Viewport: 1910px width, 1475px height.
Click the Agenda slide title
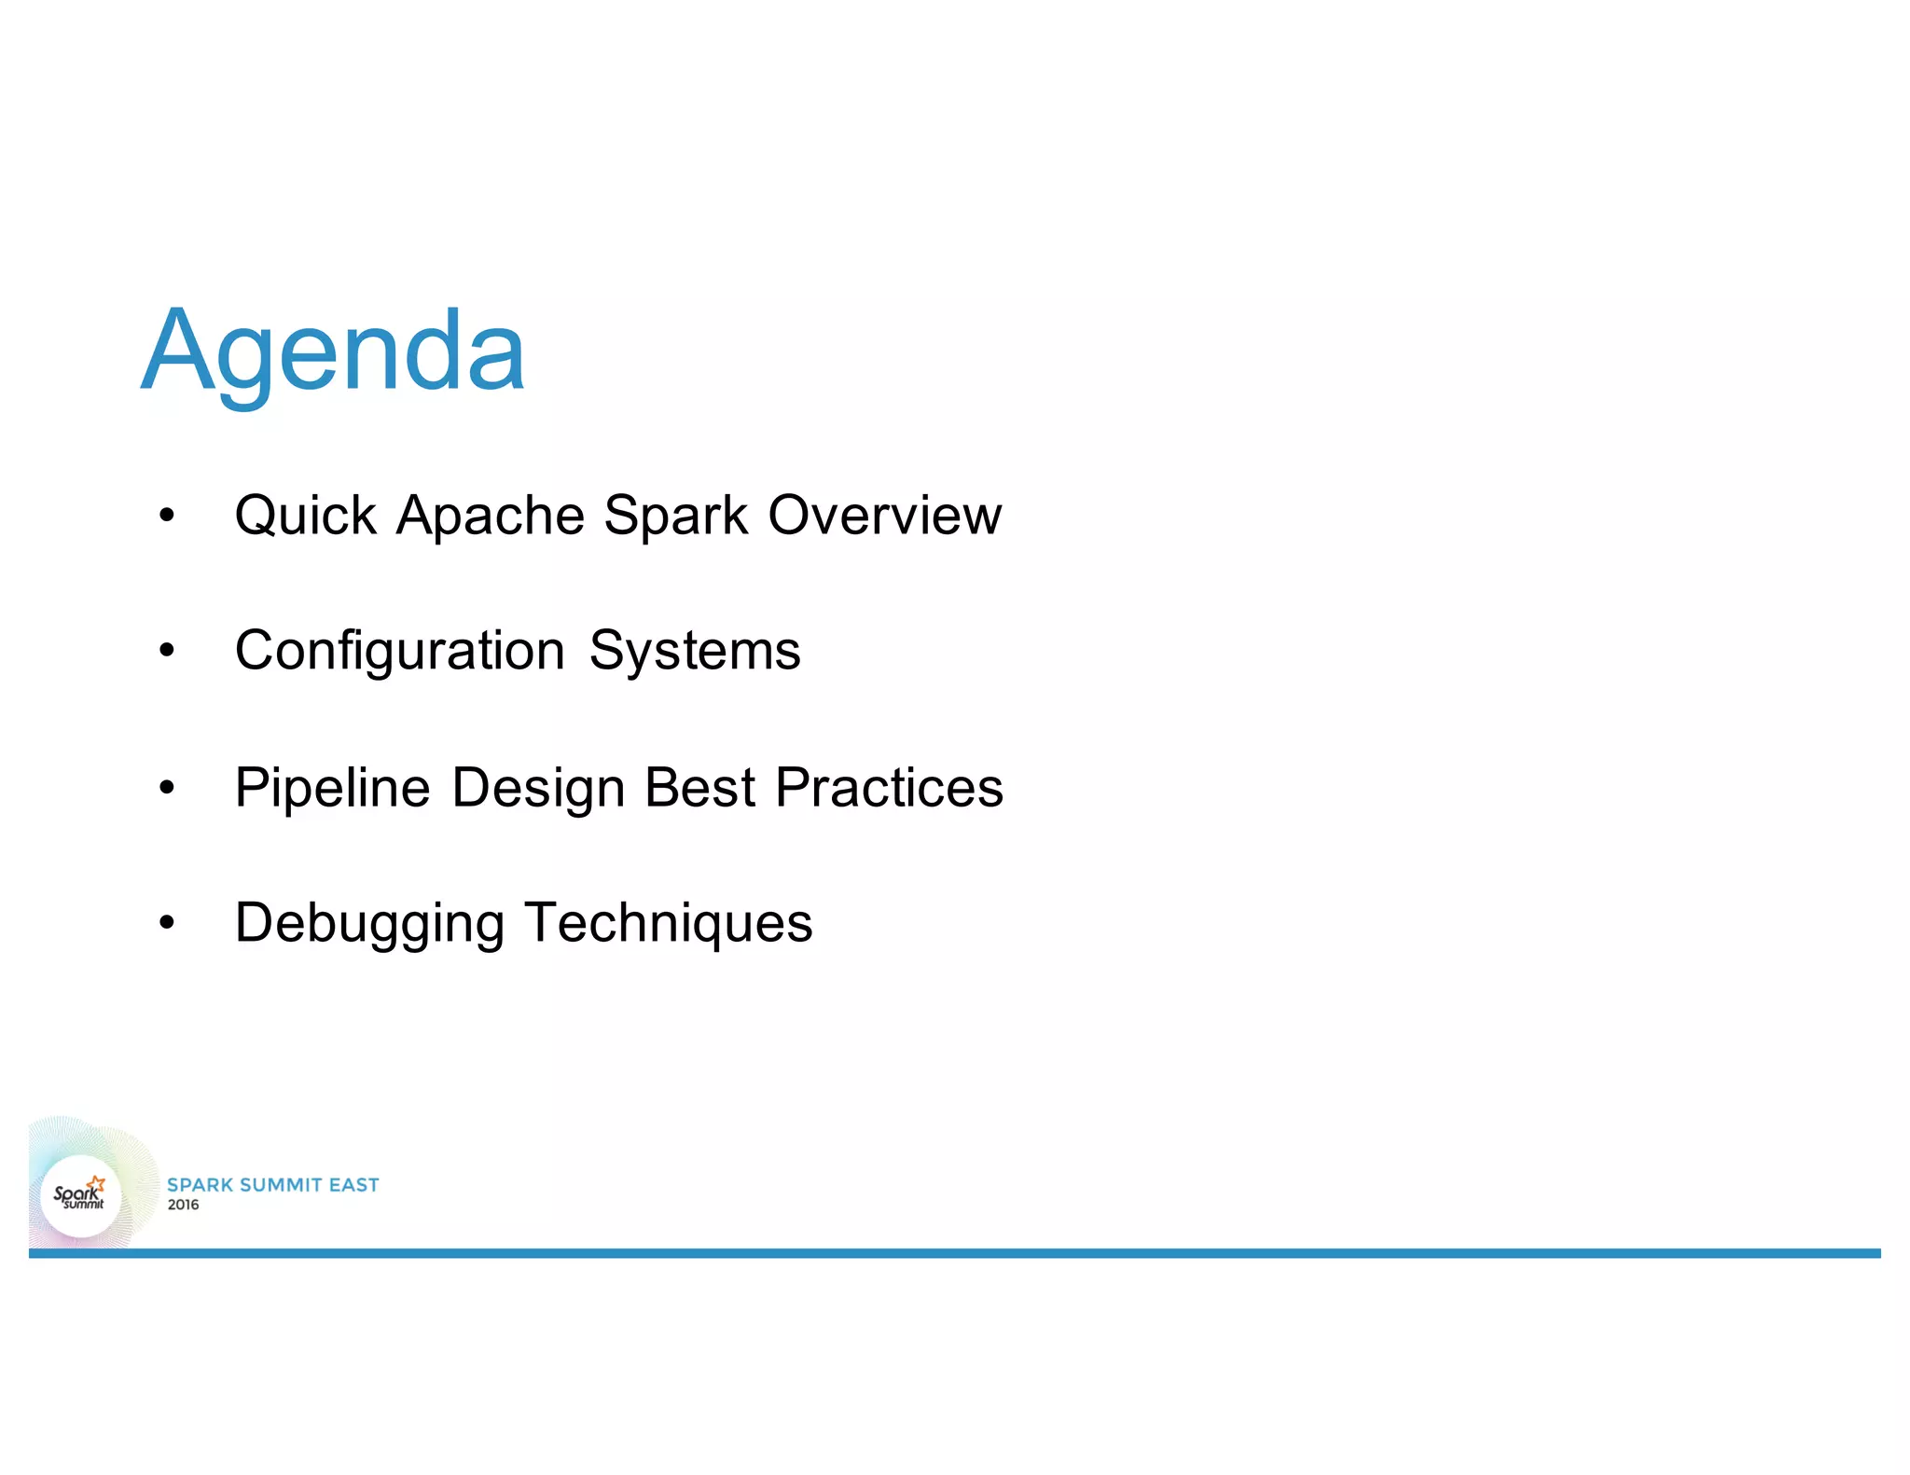coord(333,352)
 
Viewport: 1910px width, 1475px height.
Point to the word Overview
coord(884,515)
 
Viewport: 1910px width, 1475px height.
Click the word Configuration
coord(399,650)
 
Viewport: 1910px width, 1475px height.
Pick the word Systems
coord(695,650)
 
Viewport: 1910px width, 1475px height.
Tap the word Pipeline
coord(332,787)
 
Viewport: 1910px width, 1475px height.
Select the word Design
coord(538,787)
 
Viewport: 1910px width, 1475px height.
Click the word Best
coord(699,787)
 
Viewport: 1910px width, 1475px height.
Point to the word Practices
coord(889,787)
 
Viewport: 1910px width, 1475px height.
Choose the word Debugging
coord(369,923)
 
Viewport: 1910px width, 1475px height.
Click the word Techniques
coord(668,923)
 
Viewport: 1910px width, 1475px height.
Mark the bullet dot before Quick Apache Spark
coord(167,516)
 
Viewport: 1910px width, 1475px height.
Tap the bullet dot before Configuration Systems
coord(167,651)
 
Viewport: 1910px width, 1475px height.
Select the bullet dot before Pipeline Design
coord(167,788)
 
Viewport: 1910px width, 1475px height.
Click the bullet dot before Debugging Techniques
coord(167,923)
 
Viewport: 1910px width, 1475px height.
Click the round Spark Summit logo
coord(81,1196)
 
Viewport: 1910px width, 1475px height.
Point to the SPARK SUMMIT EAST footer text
coord(272,1185)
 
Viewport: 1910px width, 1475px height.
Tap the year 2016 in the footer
coord(183,1205)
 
